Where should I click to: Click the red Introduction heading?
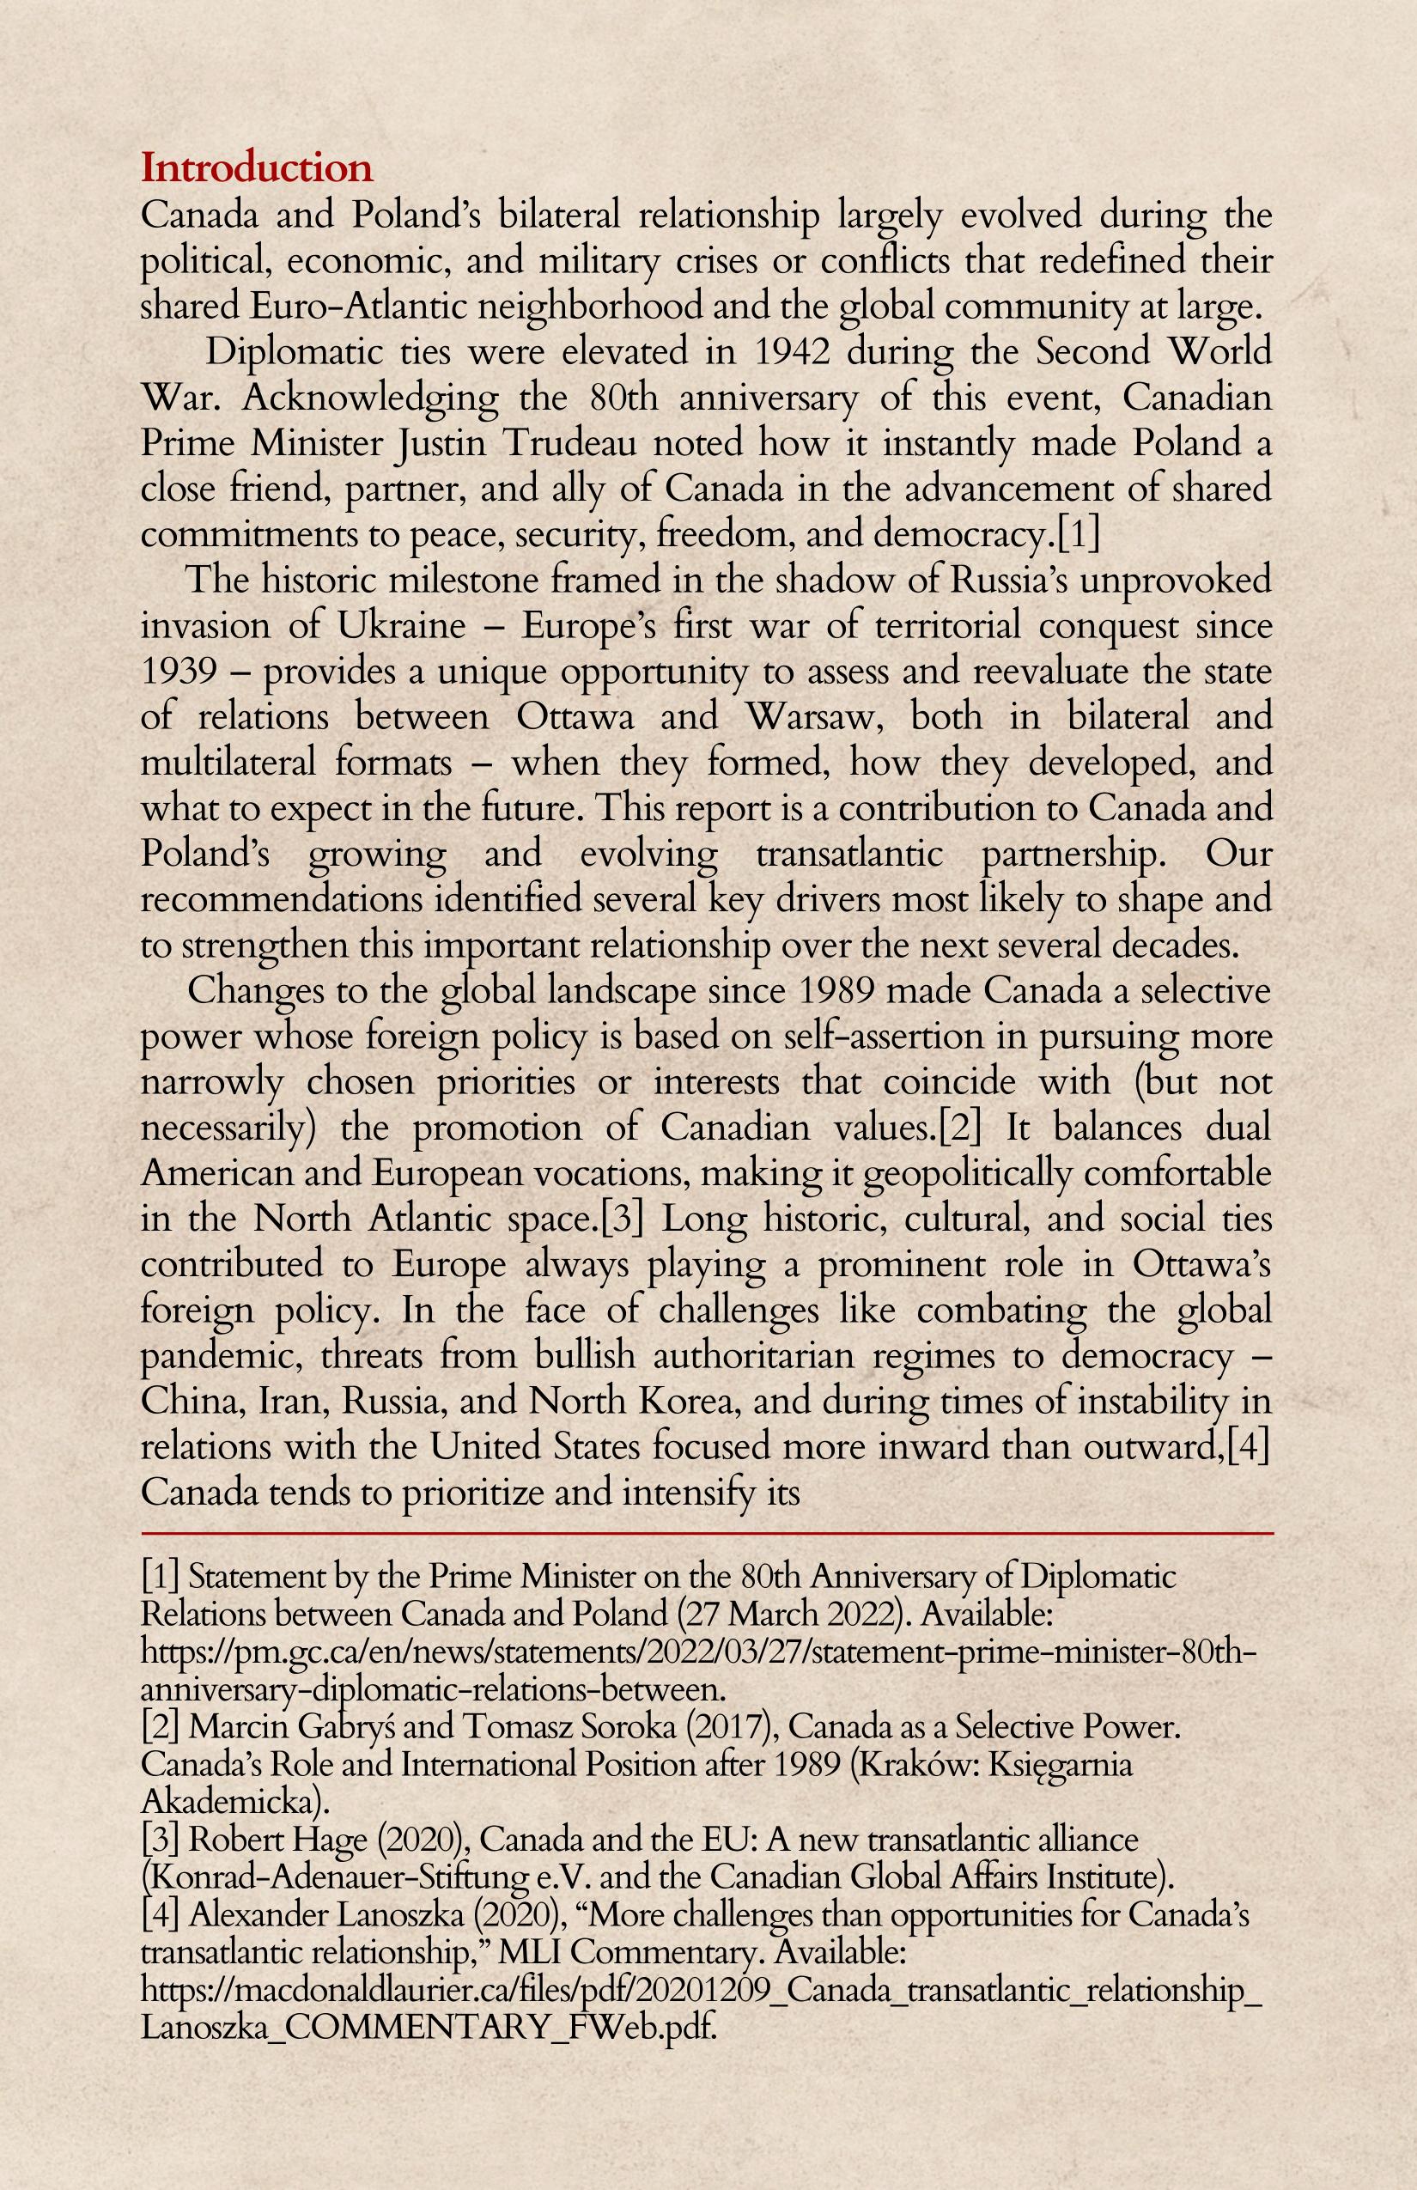[x=257, y=168]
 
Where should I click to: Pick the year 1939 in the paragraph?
[x=179, y=671]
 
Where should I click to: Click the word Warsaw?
[x=809, y=717]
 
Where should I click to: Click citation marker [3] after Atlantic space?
[x=621, y=1219]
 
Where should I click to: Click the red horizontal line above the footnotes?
[x=707, y=1534]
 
